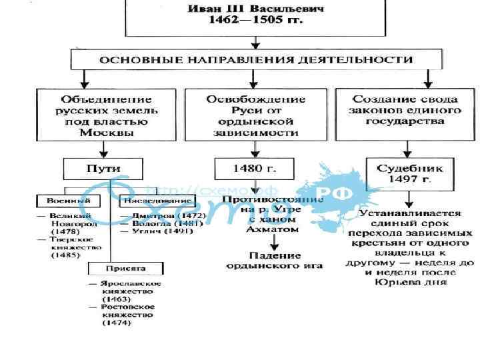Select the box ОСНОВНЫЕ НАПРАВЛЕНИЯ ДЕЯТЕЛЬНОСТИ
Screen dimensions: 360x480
click(x=256, y=59)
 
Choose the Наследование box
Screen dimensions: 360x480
click(x=147, y=200)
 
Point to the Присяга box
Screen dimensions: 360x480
click(x=126, y=269)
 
